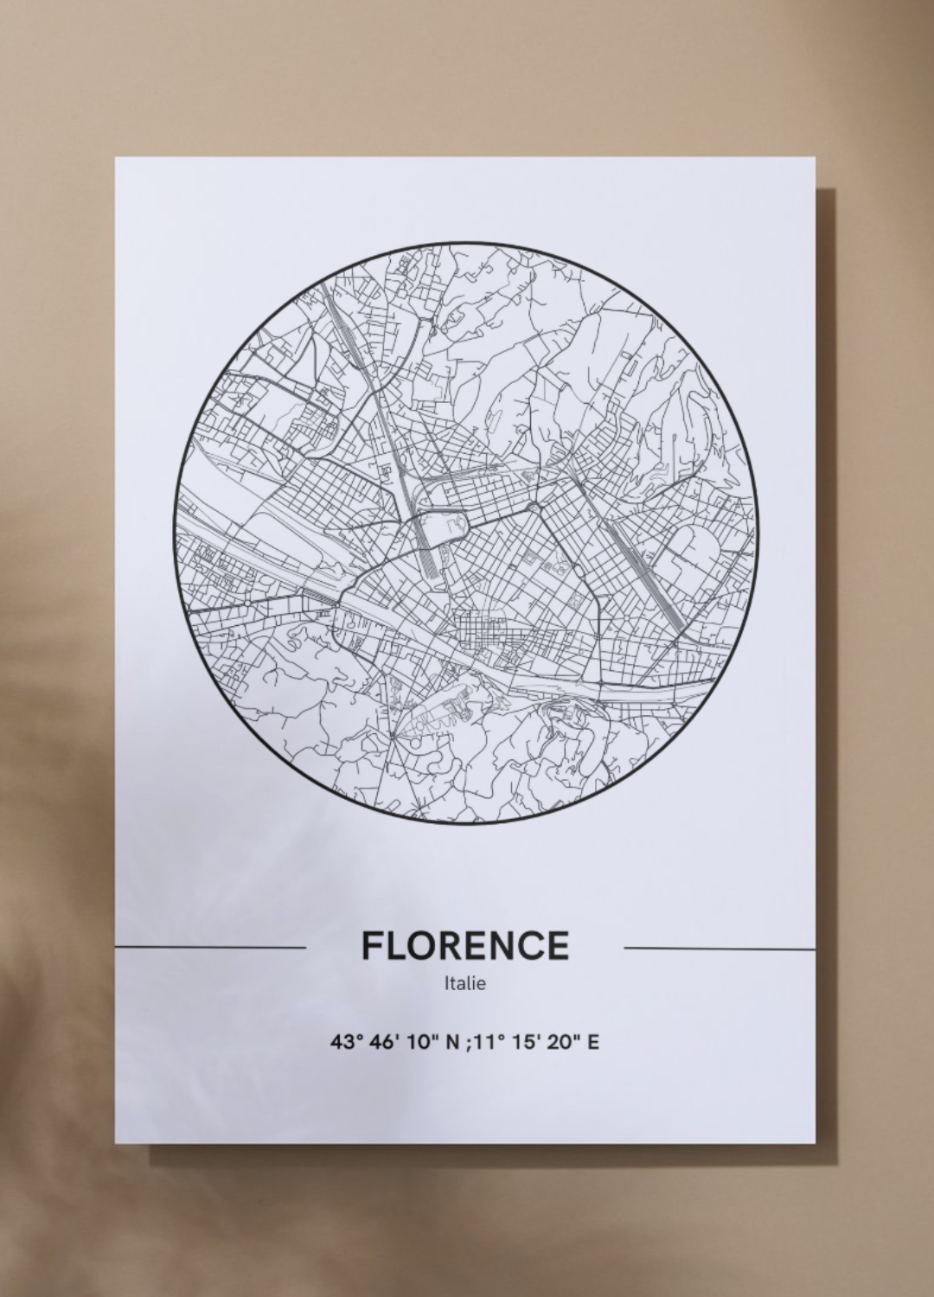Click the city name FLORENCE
[464, 946]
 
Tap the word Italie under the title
[464, 984]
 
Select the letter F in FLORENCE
[370, 946]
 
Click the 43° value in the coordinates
[343, 1042]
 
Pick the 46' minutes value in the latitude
[380, 1042]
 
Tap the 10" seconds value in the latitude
[417, 1042]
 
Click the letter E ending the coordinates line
[592, 1042]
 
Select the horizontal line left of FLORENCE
[210, 947]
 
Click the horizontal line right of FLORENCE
[719, 948]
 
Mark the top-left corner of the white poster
[116, 158]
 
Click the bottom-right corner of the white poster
[815, 1141]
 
